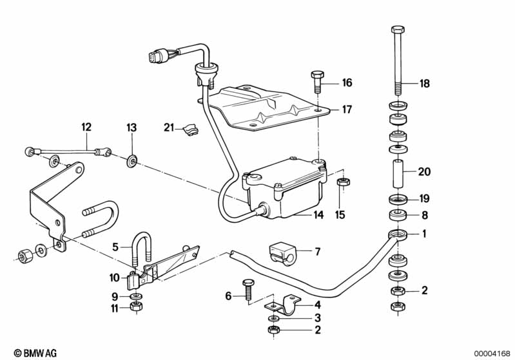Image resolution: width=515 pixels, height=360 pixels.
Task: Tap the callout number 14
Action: [318, 216]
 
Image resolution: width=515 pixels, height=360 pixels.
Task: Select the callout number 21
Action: [168, 128]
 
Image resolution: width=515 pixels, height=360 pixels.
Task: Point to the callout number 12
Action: [86, 128]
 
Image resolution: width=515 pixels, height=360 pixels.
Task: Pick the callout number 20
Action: [423, 172]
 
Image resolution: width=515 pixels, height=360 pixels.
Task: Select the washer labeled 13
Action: [131, 159]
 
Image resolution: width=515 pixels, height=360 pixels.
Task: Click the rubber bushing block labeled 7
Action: [280, 252]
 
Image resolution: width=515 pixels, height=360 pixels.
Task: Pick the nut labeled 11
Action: [135, 307]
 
